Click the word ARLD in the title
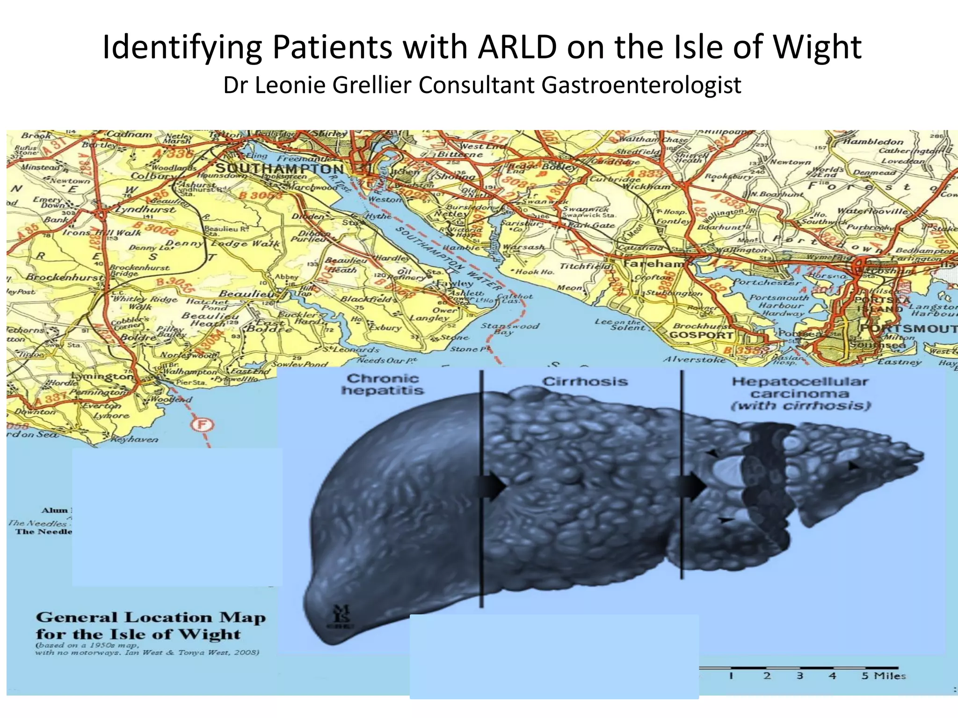(517, 47)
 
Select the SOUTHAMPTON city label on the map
(279, 169)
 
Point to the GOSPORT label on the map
(701, 335)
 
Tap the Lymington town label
(102, 376)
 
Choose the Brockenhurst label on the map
(65, 277)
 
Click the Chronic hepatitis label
(383, 384)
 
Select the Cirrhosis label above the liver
(585, 381)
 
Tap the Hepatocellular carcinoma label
(800, 393)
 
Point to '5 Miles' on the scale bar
(883, 676)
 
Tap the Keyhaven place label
(134, 439)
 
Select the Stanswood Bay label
(509, 329)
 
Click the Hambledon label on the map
(873, 142)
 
